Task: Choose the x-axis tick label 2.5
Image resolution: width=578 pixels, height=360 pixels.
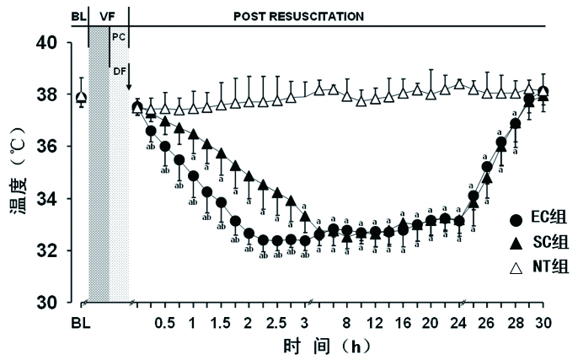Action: [276, 324]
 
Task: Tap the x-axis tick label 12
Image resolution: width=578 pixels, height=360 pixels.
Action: [375, 324]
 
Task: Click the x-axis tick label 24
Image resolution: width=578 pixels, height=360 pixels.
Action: [458, 324]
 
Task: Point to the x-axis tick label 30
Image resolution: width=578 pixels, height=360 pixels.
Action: [543, 324]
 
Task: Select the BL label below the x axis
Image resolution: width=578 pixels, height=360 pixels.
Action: [80, 324]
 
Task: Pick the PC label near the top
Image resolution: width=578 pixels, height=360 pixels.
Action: [118, 37]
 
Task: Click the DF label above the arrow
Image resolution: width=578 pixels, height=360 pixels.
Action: [119, 73]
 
